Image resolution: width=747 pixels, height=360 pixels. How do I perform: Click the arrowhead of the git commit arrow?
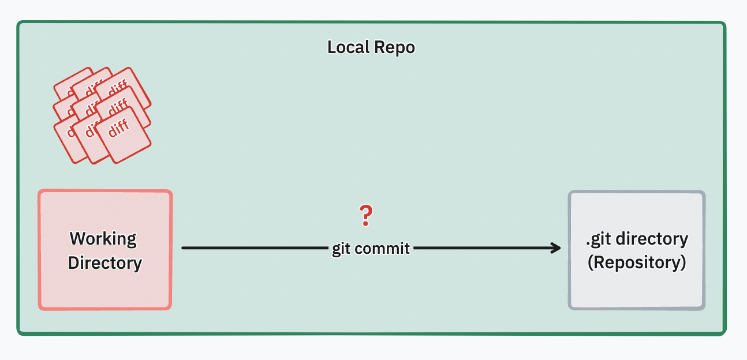(x=556, y=248)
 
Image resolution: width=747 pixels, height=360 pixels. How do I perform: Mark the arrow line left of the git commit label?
(x=254, y=248)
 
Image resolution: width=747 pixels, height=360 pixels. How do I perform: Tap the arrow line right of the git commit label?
(x=485, y=248)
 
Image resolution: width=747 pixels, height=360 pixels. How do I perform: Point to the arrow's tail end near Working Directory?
(x=184, y=248)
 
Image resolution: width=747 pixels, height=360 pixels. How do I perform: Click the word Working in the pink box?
(x=103, y=238)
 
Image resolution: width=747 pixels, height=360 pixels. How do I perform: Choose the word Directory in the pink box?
(x=105, y=263)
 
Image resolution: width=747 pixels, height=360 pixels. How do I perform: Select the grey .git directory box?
(x=637, y=288)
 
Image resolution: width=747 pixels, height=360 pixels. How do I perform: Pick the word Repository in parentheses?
(x=637, y=262)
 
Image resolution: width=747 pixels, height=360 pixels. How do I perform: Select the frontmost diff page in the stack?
(x=122, y=134)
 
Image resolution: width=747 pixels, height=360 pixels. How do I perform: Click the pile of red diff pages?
(x=102, y=114)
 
